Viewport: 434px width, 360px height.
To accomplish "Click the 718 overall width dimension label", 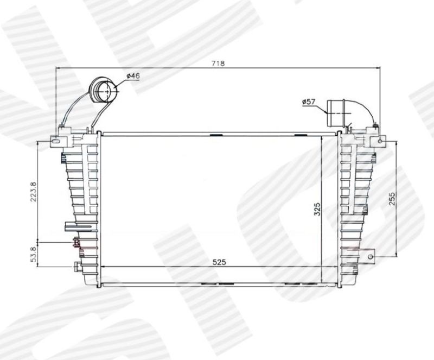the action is pyautogui.click(x=218, y=64).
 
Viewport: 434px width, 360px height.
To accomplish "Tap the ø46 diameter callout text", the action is pyautogui.click(x=133, y=76).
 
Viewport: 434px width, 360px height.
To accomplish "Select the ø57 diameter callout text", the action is pyautogui.click(x=309, y=102).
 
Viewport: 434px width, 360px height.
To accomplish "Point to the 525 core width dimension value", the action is pyautogui.click(x=219, y=262).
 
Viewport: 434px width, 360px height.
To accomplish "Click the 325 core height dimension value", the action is pyautogui.click(x=317, y=209).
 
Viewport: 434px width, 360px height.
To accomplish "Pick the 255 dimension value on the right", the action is pyautogui.click(x=392, y=199).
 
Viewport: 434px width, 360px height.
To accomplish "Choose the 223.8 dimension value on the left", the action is pyautogui.click(x=33, y=192).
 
